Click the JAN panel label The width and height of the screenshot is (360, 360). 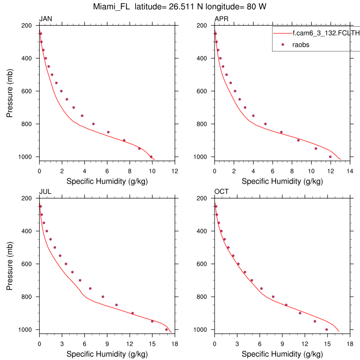pos(46,19)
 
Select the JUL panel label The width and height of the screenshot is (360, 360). pos(45,192)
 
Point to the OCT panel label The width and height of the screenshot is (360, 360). pos(221,192)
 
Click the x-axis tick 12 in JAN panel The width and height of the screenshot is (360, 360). pos(175,171)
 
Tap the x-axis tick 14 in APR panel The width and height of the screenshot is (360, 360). pos(350,171)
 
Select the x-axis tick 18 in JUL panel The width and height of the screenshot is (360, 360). pos(175,344)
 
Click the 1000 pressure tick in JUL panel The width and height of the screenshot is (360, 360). pos(26,330)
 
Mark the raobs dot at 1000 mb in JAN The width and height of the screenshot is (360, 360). pos(151,157)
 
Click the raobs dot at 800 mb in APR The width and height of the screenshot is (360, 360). pos(265,124)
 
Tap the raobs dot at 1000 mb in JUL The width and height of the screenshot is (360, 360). pos(167,330)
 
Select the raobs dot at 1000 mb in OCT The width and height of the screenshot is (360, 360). pos(327,330)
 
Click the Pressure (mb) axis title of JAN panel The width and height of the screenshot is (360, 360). pos(10,91)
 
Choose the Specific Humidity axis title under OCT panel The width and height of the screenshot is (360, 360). pos(282,354)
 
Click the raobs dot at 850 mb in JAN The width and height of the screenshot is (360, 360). pos(108,132)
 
